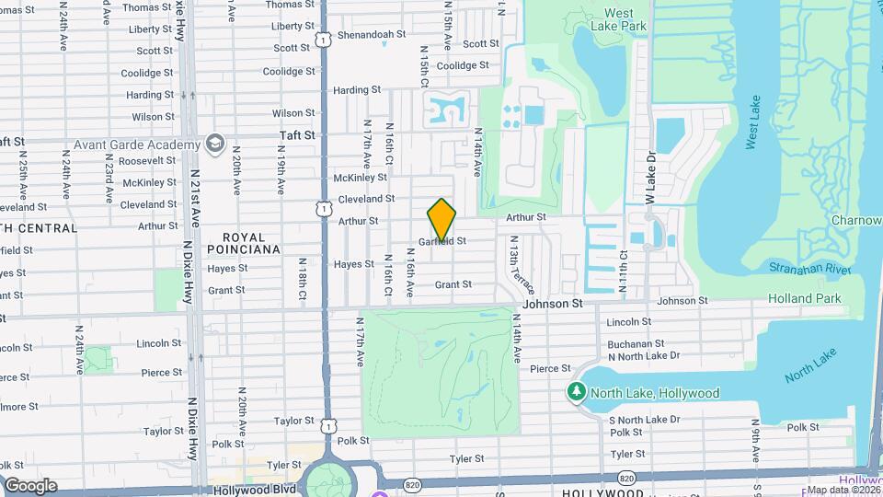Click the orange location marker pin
click(442, 220)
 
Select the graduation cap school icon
click(215, 144)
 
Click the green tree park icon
click(578, 393)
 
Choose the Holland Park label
click(805, 298)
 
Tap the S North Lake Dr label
click(644, 420)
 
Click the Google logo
click(30, 485)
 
